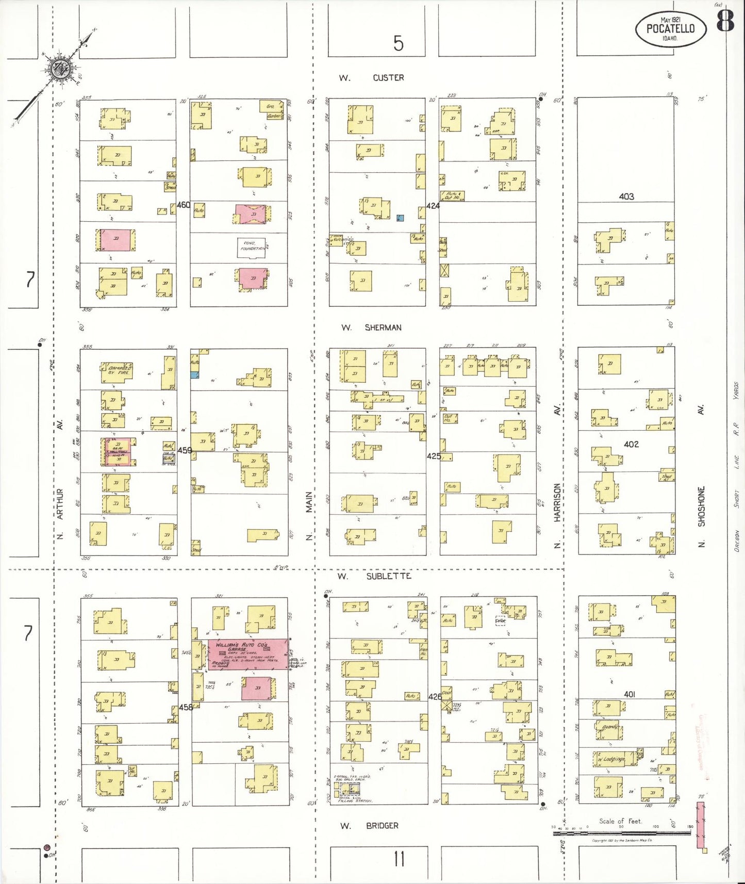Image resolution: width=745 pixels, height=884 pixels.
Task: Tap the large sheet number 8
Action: tap(725, 22)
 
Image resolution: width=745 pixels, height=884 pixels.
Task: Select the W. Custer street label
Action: tap(371, 78)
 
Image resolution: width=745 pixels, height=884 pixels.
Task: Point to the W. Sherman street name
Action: tap(371, 328)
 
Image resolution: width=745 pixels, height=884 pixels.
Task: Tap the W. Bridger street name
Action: tap(369, 826)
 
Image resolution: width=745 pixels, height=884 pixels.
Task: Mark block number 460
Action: tap(183, 205)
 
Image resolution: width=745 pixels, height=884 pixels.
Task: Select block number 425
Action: tap(434, 456)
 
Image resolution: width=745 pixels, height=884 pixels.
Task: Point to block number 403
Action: tap(626, 197)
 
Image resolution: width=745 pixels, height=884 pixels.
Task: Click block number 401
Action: tap(630, 695)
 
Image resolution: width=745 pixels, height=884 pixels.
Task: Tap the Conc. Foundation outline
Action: tap(252, 248)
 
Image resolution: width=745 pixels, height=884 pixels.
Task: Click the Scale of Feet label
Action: tap(620, 821)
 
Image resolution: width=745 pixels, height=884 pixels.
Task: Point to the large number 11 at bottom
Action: tap(399, 859)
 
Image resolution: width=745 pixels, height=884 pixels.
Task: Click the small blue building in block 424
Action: tap(400, 218)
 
